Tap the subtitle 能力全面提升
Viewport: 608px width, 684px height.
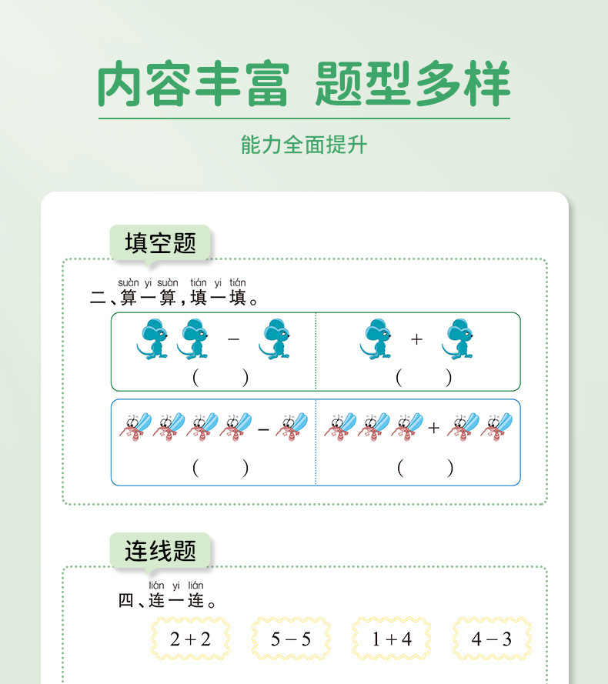[304, 145]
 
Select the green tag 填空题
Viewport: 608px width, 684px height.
[160, 243]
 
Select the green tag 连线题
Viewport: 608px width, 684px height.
[160, 550]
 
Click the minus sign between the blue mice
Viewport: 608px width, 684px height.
[234, 339]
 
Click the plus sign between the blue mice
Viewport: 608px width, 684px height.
[416, 339]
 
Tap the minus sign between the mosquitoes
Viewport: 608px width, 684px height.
[263, 428]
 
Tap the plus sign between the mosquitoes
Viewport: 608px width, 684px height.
[434, 428]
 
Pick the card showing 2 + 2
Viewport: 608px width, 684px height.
[190, 639]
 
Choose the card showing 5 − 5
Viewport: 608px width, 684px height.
[291, 639]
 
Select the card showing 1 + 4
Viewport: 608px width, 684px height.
[392, 639]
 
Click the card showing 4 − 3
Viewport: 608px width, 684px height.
[492, 639]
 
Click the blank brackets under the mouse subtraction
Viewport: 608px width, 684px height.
[221, 378]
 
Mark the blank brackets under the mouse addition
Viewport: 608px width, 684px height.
[424, 378]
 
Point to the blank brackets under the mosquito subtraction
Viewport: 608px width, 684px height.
[221, 467]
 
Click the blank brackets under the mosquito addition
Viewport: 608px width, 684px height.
[424, 467]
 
